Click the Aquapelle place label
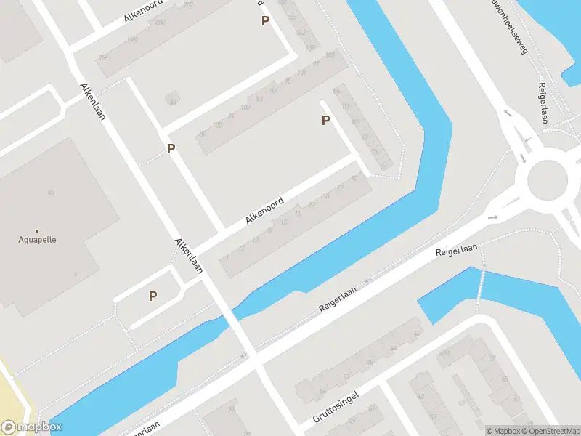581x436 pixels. tap(37, 239)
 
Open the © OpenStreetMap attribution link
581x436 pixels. tap(551, 431)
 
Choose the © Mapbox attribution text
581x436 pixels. tap(503, 431)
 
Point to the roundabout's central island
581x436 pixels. tap(547, 179)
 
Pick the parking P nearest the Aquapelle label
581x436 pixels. tap(153, 296)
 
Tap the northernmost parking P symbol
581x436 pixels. tap(266, 21)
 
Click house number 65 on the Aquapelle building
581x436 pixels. tap(51, 192)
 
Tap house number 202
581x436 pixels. tap(188, 5)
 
